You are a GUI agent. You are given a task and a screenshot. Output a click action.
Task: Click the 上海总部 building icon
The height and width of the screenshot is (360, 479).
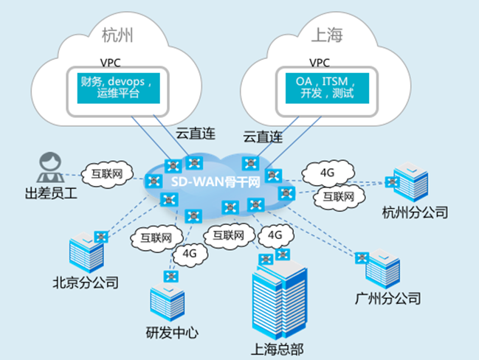point(276,302)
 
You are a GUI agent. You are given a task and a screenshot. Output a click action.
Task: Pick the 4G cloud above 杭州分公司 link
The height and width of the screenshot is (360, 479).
point(328,174)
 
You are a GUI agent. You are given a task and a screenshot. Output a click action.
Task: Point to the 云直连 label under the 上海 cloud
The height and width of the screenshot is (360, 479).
point(262,136)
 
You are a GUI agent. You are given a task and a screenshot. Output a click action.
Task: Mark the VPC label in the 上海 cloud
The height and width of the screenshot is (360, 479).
point(318,62)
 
